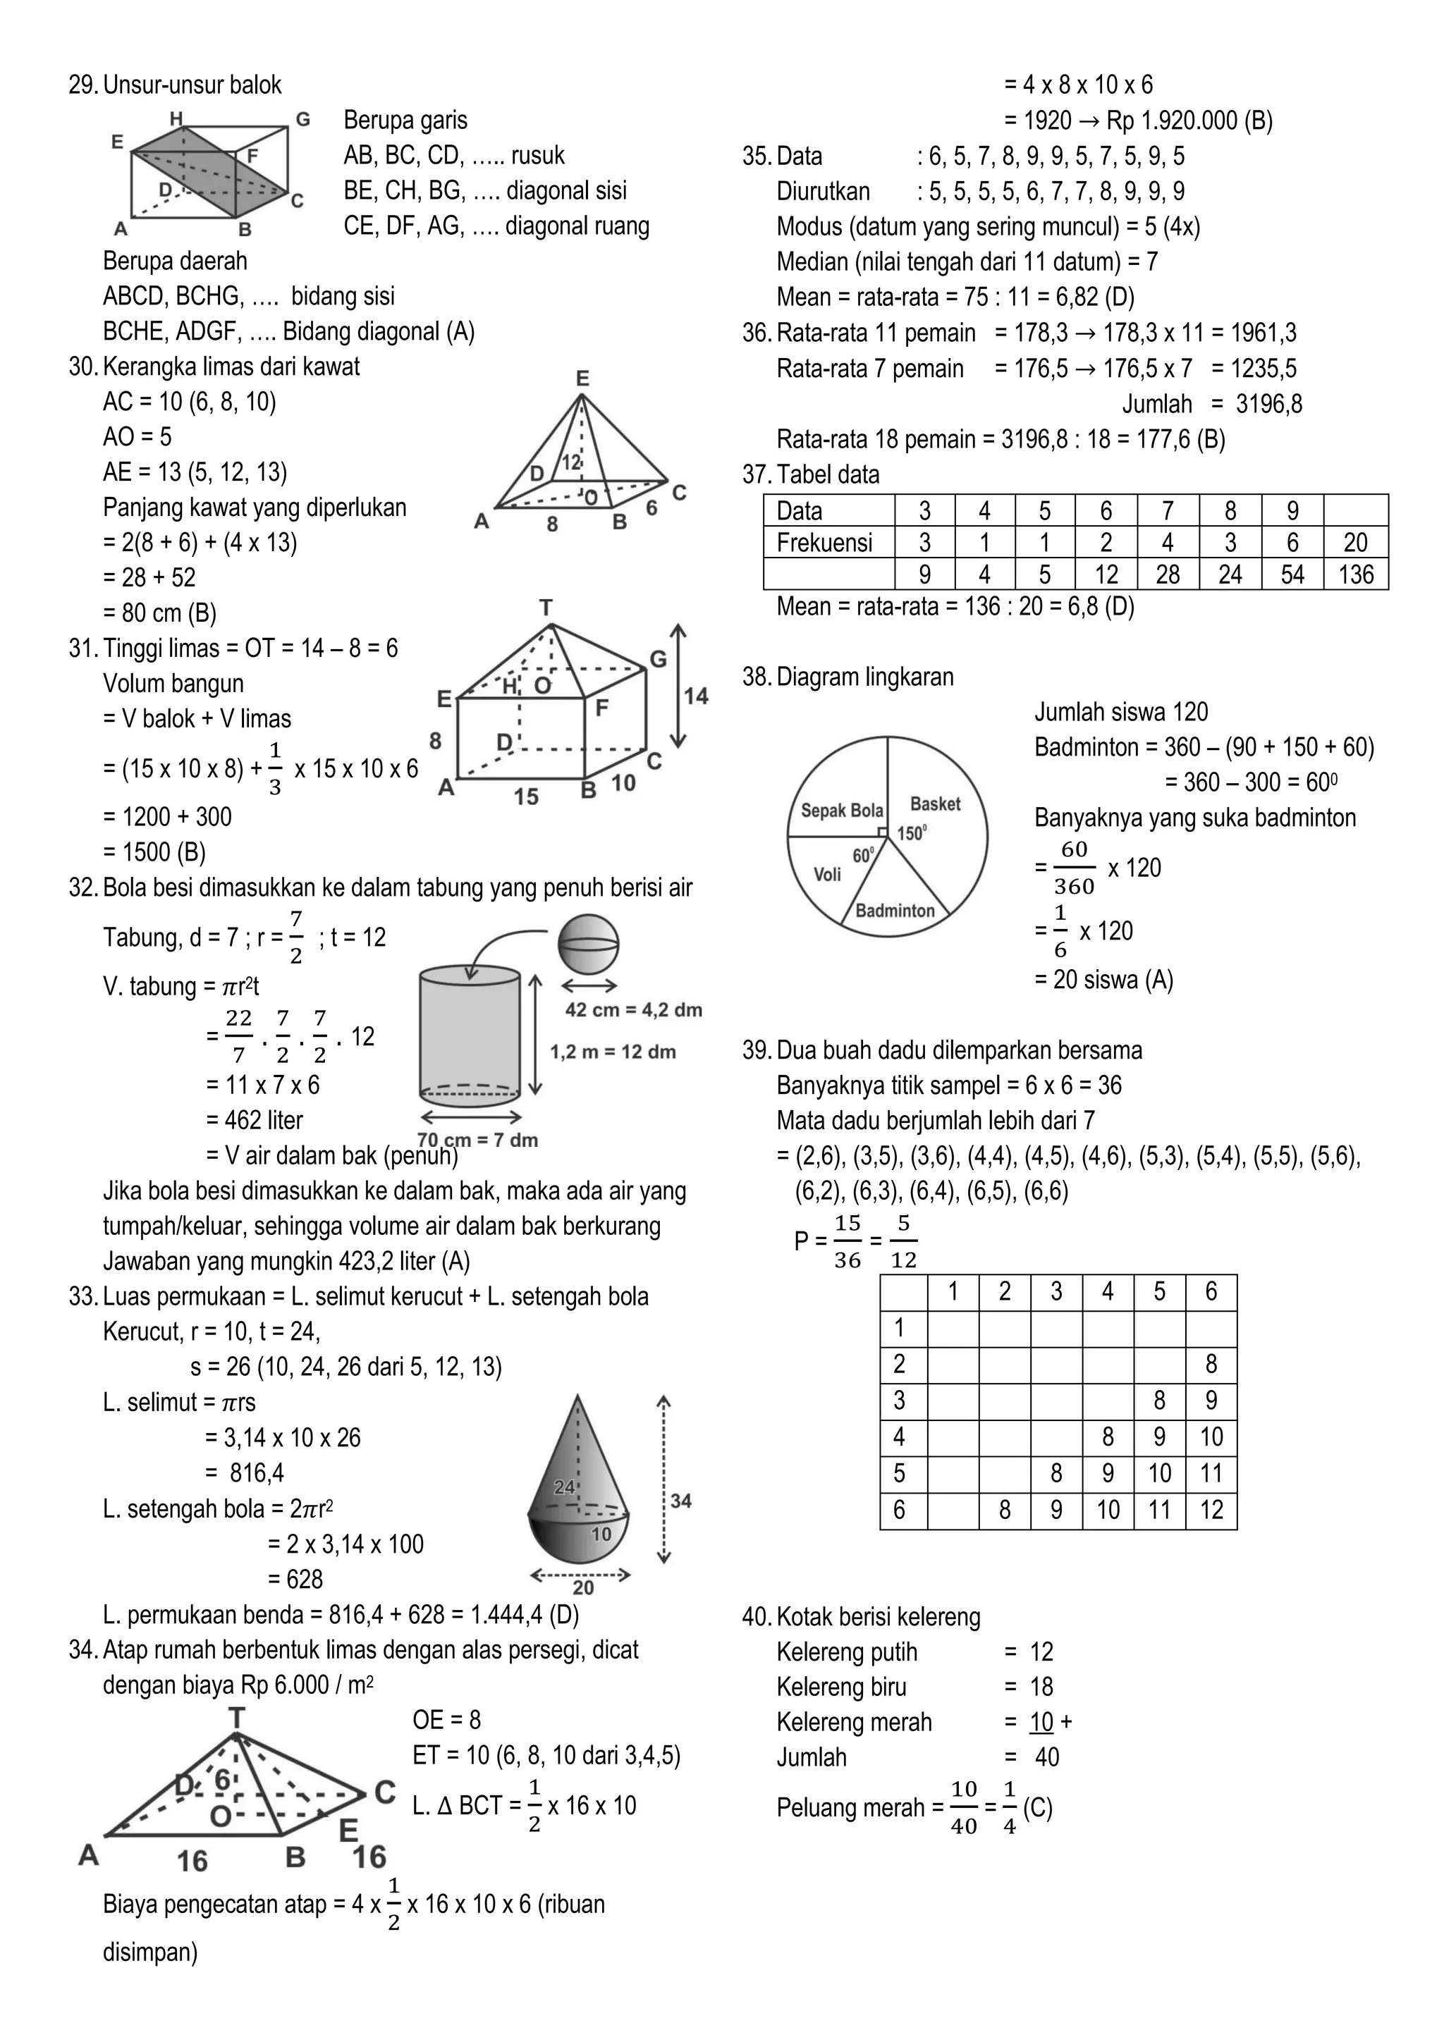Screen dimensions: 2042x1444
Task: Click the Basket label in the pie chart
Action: [935, 804]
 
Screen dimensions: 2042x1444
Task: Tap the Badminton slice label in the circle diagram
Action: [895, 911]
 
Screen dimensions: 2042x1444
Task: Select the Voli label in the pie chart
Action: [828, 874]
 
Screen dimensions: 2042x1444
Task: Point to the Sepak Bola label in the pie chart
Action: [842, 810]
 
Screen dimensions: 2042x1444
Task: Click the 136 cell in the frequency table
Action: [1356, 574]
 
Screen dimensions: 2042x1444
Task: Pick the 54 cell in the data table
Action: [1292, 574]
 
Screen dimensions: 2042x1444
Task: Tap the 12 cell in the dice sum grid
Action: [1211, 1510]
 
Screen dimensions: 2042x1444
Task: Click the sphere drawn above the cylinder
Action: [588, 945]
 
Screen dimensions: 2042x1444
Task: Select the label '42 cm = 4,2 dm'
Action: [633, 1009]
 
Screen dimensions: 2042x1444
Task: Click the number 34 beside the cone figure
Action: [680, 1501]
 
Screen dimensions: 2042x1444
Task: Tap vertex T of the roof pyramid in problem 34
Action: [237, 1717]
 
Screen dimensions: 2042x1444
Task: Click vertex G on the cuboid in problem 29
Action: [302, 119]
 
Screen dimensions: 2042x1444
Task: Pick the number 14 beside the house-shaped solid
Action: [696, 696]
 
